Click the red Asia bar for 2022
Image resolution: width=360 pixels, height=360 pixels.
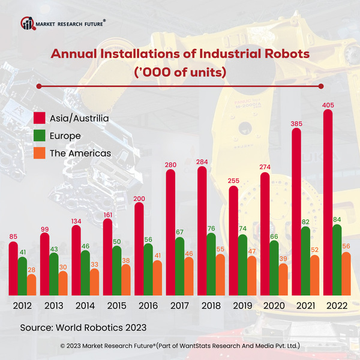click(329, 201)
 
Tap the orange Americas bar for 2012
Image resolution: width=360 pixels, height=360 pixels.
click(32, 284)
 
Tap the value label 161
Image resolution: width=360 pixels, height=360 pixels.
click(108, 214)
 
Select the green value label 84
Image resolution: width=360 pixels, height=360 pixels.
click(337, 220)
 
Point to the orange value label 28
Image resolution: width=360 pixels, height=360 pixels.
click(32, 269)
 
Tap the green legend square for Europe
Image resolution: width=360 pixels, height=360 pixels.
click(40, 136)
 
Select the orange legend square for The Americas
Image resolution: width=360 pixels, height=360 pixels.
click(40, 153)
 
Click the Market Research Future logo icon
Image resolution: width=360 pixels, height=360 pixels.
click(28, 23)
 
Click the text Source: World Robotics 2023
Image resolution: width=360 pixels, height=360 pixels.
click(83, 328)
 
